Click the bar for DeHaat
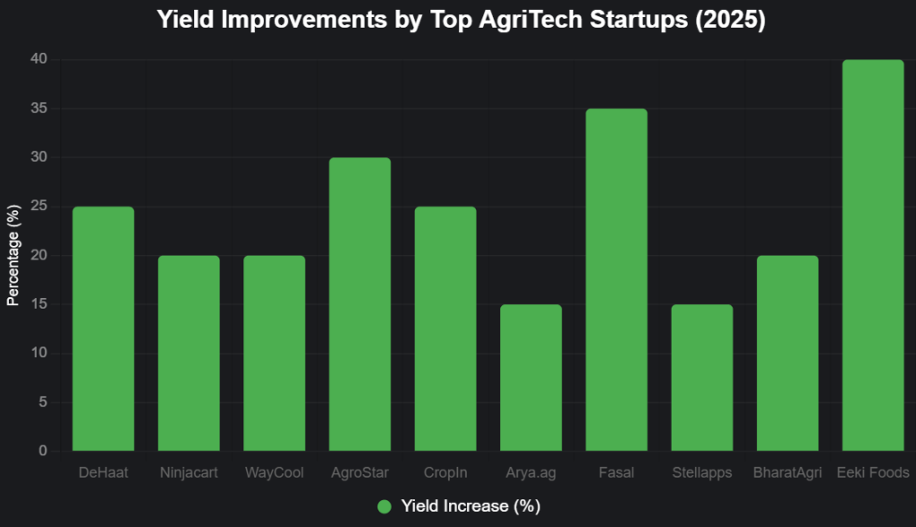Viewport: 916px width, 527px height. coord(103,328)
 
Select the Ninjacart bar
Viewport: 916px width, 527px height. coord(189,353)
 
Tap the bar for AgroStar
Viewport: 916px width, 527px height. coord(360,304)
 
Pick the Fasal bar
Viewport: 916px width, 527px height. coord(616,279)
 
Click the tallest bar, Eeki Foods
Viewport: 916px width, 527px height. coord(873,255)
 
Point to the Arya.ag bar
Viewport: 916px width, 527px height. coord(531,378)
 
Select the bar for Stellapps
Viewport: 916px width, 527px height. coord(702,378)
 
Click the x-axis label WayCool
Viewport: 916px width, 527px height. coord(275,472)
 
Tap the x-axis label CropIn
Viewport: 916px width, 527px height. coord(445,472)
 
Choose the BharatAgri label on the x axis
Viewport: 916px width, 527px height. coord(787,472)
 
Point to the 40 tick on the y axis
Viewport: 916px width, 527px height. coord(38,60)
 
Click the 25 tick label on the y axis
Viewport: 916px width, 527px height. coord(38,207)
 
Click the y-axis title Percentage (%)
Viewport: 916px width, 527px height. coord(13,256)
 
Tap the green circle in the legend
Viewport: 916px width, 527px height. coord(385,506)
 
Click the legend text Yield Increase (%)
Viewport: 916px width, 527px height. coord(471,506)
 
